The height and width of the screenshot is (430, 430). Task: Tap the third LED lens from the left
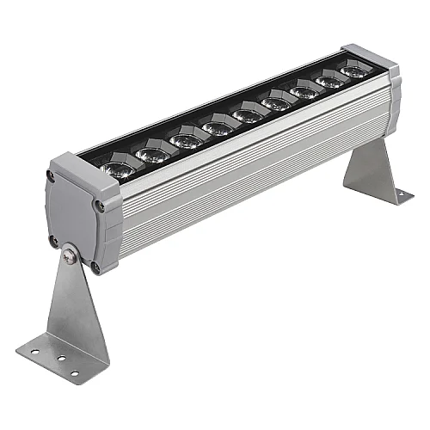coord(185,139)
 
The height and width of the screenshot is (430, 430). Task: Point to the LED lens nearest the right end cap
coord(354,71)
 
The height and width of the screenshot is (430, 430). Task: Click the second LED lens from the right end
coord(329,81)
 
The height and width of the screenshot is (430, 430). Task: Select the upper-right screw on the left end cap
coord(100,205)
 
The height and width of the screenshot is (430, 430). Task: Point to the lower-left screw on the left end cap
coord(53,241)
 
